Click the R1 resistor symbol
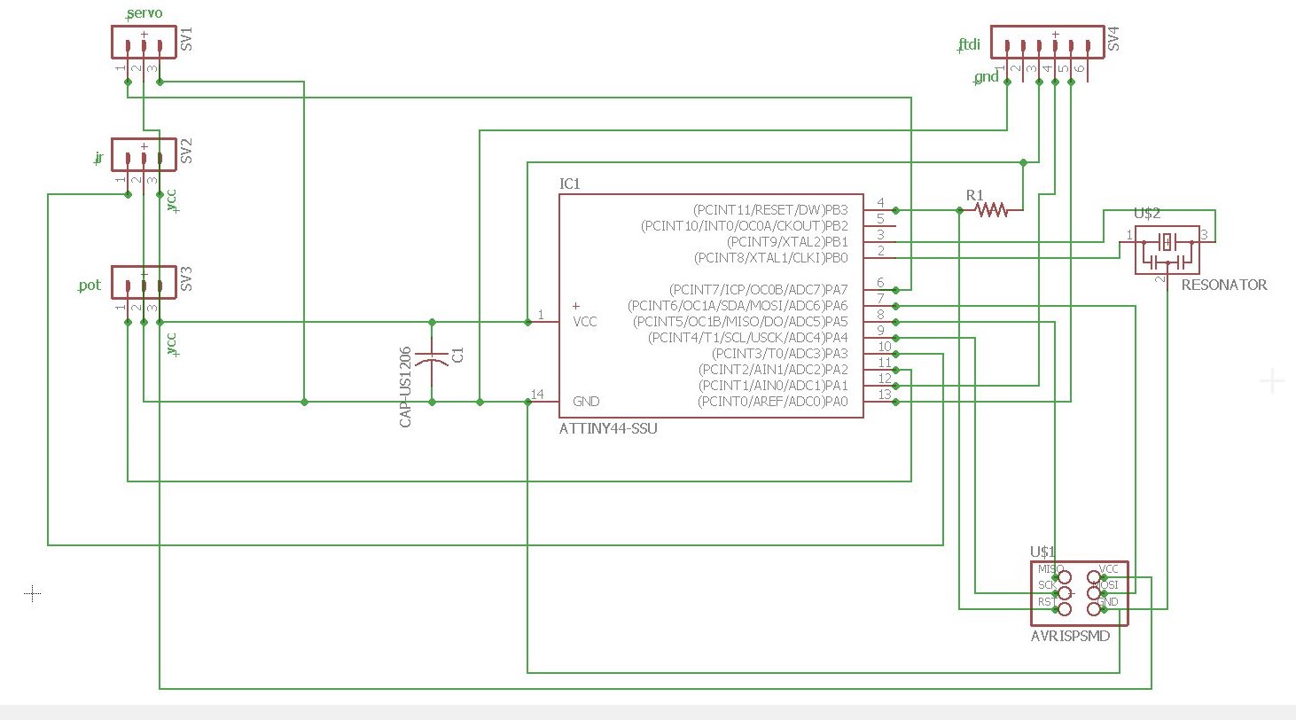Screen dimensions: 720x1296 point(991,209)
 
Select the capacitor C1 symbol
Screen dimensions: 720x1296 point(433,361)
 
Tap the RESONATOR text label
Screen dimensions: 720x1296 point(1223,285)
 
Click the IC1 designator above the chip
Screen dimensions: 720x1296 point(569,184)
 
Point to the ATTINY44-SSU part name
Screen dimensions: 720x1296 point(608,428)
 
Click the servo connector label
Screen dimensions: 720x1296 point(144,14)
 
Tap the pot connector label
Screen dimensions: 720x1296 point(90,286)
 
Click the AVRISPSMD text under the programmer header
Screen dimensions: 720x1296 point(1070,636)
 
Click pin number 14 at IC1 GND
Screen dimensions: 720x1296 point(537,394)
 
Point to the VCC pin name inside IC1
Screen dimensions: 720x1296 point(585,322)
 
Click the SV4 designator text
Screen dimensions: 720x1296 point(1113,38)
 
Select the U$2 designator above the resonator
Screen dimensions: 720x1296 point(1147,214)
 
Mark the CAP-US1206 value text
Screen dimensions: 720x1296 point(405,387)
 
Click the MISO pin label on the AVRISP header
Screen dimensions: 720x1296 point(1050,569)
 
